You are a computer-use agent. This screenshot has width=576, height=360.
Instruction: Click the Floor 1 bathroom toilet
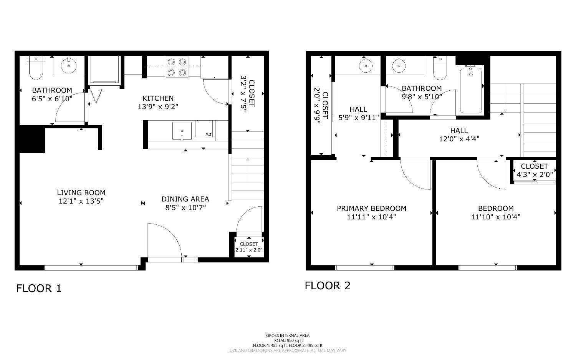(x=36, y=68)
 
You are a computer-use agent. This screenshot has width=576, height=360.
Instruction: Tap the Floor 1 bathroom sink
(x=69, y=66)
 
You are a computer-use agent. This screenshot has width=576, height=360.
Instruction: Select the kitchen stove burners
(x=177, y=67)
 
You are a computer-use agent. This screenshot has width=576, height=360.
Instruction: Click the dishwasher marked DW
(x=204, y=129)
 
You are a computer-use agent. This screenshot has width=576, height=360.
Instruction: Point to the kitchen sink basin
(x=182, y=131)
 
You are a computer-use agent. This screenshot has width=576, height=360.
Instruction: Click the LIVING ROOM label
(x=81, y=192)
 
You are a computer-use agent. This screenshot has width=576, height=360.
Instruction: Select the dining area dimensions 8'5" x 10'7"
(x=185, y=207)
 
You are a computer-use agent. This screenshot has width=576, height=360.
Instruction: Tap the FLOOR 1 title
(x=39, y=289)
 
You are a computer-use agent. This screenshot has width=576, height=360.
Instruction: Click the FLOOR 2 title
(x=328, y=285)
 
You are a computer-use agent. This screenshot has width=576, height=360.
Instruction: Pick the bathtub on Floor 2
(x=471, y=90)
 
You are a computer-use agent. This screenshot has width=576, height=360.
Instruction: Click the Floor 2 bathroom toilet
(x=440, y=68)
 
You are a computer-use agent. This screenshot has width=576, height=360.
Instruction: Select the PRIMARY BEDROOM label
(x=372, y=208)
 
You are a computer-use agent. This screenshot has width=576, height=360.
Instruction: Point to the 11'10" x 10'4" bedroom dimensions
(x=496, y=217)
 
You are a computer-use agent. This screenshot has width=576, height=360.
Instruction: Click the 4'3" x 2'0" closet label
(x=535, y=175)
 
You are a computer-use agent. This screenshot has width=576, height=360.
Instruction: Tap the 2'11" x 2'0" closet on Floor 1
(x=249, y=247)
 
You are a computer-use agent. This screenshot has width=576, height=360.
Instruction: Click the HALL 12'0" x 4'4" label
(x=459, y=134)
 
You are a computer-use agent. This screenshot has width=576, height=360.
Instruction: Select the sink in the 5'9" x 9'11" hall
(x=366, y=66)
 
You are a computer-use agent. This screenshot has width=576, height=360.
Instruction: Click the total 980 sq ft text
(x=288, y=340)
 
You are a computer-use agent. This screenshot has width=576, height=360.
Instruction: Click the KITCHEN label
(x=158, y=98)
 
